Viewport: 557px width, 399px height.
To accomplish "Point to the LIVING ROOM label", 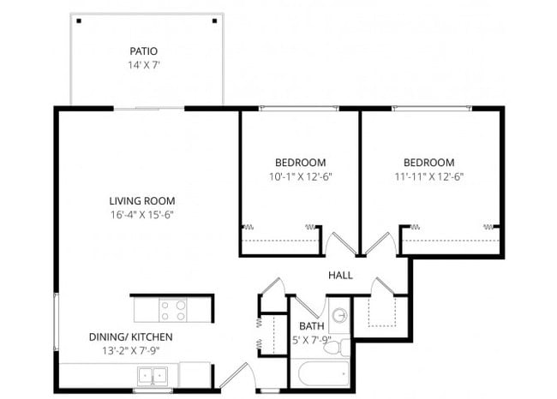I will tap(141, 201).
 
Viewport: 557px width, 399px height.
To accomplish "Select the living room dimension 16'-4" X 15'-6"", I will tap(141, 215).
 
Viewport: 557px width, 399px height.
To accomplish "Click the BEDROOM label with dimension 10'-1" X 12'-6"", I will tap(300, 163).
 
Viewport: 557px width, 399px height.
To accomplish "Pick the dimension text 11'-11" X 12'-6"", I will tap(428, 176).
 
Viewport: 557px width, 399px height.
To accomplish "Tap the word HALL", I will tap(340, 276).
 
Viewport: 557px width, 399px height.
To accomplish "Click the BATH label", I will tap(310, 326).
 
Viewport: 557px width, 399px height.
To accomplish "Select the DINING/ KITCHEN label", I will tap(131, 336).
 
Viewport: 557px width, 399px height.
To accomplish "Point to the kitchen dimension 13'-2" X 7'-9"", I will tap(131, 350).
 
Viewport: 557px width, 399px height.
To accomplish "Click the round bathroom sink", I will tap(340, 314).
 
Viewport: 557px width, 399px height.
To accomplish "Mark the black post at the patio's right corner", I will tap(215, 21).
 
